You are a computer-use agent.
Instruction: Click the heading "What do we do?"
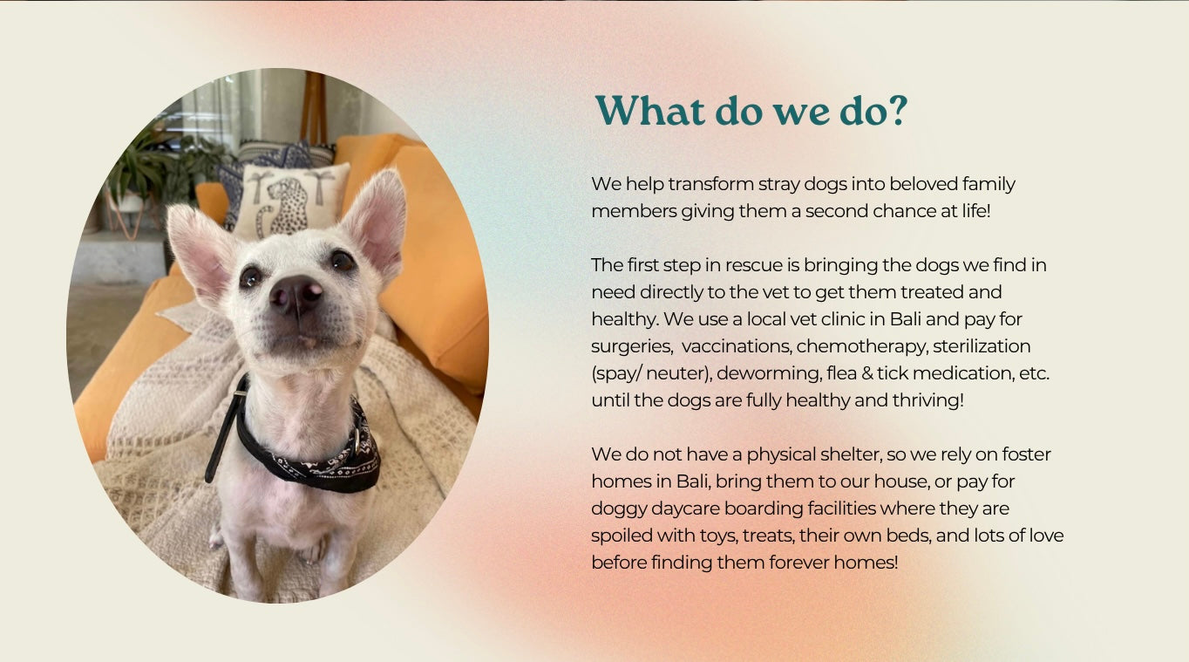751,111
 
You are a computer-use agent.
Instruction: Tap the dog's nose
296,295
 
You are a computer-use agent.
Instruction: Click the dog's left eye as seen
250,276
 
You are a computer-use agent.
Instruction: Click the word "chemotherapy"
862,347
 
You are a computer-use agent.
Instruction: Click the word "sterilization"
982,346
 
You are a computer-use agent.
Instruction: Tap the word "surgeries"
632,347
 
